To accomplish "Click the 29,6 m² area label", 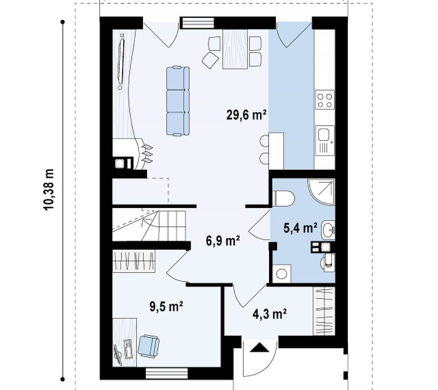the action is click(246, 114).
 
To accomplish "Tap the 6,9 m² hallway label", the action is click(222, 241).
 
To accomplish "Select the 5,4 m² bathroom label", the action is click(300, 228).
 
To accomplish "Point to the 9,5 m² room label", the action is click(166, 306).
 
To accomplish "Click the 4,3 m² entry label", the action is click(269, 314).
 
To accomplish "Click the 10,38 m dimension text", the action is click(49, 190).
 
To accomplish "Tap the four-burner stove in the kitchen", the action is click(325, 99).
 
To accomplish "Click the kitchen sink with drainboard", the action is click(325, 140).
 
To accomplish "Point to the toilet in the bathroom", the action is click(284, 198).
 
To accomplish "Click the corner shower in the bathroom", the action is click(321, 192).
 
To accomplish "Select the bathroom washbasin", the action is click(328, 230).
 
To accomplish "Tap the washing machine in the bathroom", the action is click(281, 274).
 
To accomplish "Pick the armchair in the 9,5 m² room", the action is click(148, 346).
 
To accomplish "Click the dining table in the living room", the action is click(235, 49).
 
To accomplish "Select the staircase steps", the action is click(149, 226).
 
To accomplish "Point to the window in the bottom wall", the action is click(167, 373).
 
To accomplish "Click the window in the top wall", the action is click(197, 23).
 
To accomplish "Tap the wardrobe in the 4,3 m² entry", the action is click(324, 311).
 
